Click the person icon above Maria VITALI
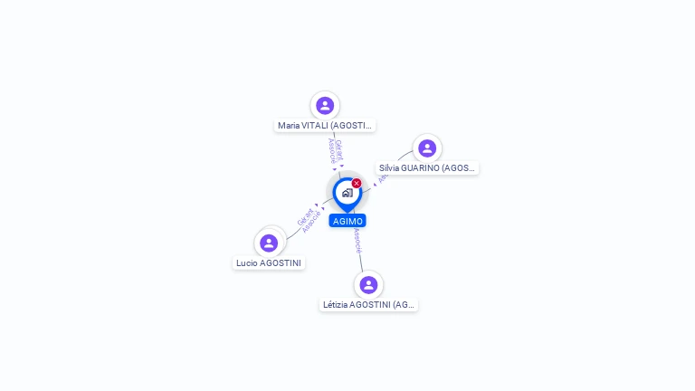pyautogui.click(x=325, y=105)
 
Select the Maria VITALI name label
pyautogui.click(x=325, y=126)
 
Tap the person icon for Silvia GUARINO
pyautogui.click(x=427, y=148)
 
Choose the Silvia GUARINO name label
pyautogui.click(x=427, y=168)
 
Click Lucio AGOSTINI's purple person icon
pyautogui.click(x=269, y=243)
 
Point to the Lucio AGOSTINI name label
pyautogui.click(x=269, y=263)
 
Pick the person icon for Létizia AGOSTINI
pyautogui.click(x=368, y=284)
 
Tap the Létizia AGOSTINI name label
pyautogui.click(x=368, y=305)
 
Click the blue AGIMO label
pyautogui.click(x=347, y=221)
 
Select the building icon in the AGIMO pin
pyautogui.click(x=347, y=192)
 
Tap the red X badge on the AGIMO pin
pyautogui.click(x=357, y=184)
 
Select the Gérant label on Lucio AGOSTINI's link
pyautogui.click(x=305, y=217)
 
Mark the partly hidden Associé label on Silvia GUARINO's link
pyautogui.click(x=383, y=177)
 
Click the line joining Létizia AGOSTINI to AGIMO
pyautogui.click(x=361, y=257)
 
